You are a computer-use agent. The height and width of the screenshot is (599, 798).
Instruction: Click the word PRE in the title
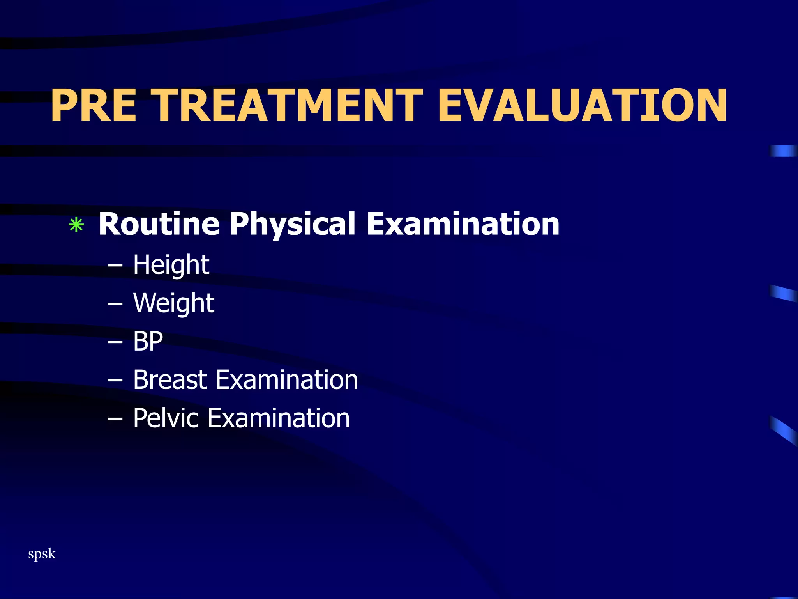[x=94, y=105]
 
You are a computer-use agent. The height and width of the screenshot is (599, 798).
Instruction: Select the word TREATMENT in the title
[x=289, y=105]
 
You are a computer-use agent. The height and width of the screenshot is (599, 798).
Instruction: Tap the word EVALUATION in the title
[x=582, y=105]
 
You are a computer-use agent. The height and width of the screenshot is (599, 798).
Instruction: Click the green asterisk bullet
[x=76, y=225]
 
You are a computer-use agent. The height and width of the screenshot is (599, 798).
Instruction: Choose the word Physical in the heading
[x=292, y=225]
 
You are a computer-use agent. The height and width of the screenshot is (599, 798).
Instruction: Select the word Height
[x=171, y=265]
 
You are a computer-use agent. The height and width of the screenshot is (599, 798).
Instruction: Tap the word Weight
[x=173, y=303]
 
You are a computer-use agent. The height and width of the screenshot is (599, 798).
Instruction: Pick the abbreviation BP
[x=148, y=342]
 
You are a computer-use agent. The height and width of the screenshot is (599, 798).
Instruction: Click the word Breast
[x=169, y=380]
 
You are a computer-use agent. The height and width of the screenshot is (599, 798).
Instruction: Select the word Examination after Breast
[x=286, y=380]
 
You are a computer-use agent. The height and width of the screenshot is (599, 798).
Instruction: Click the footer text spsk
[x=42, y=554]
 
